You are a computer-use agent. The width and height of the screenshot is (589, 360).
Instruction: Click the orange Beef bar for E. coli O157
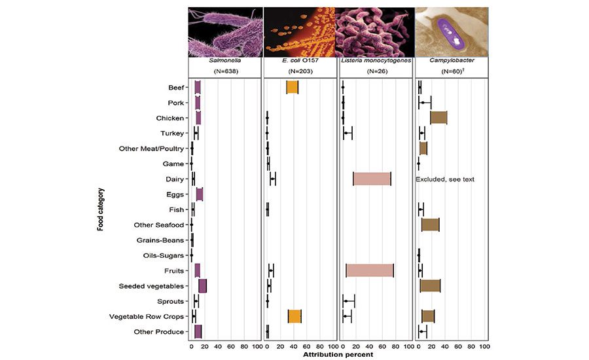(x=293, y=88)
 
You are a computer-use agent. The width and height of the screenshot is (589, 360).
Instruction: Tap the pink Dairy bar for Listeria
(x=372, y=179)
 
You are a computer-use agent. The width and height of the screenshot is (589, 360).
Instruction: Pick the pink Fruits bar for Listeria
(x=370, y=270)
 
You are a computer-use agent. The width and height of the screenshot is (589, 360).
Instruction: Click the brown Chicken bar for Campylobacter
(x=438, y=118)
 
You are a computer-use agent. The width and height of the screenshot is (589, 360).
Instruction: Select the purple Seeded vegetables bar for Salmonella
(x=203, y=285)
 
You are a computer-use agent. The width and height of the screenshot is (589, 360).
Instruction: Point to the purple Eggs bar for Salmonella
(x=200, y=194)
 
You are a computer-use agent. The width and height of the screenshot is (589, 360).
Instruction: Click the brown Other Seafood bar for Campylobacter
(x=430, y=225)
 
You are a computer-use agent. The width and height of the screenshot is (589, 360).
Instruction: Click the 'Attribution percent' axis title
(x=338, y=355)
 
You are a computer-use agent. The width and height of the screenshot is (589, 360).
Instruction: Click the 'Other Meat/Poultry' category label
(x=152, y=149)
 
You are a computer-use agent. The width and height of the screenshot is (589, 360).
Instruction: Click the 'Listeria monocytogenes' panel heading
(x=376, y=60)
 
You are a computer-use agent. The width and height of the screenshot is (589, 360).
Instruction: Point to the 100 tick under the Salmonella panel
(x=257, y=346)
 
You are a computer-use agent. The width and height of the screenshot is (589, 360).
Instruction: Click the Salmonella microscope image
(x=226, y=31)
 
